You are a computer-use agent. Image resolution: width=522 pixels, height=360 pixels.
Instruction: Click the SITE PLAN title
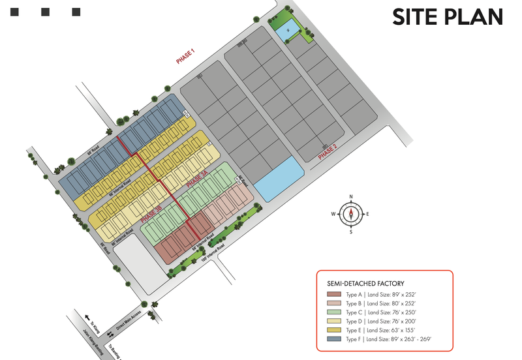(x=447, y=17)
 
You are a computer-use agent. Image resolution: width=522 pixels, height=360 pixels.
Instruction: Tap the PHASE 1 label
(x=186, y=57)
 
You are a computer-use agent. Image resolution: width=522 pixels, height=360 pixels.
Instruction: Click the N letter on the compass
(x=351, y=196)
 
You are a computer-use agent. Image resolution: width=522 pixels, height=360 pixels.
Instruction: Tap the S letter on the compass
(x=351, y=232)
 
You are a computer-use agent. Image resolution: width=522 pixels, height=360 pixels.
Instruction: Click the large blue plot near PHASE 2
(x=279, y=180)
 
